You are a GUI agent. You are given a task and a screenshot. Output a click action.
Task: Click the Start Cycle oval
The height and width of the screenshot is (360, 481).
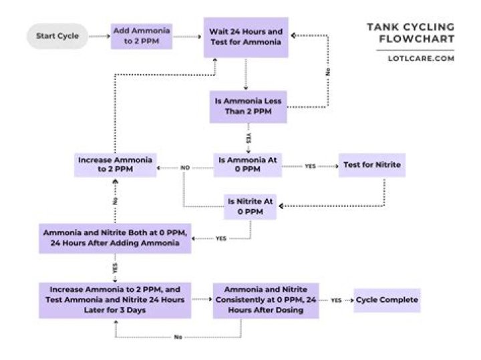[57, 36]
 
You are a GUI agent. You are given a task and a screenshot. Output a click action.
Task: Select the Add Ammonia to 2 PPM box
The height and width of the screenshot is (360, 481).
[142, 36]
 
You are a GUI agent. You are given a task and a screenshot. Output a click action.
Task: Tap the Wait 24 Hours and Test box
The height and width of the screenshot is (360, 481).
[247, 37]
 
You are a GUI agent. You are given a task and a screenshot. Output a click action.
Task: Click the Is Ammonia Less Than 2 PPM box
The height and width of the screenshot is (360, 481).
[248, 106]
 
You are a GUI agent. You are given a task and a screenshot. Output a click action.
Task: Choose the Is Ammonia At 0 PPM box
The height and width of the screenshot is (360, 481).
[248, 165]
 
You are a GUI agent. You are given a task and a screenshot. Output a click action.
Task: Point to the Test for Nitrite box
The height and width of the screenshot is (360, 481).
[371, 165]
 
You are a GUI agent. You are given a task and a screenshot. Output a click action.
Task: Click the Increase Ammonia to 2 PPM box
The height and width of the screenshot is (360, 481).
[116, 165]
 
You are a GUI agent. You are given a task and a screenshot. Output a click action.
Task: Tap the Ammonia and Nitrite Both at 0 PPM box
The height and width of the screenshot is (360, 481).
[115, 238]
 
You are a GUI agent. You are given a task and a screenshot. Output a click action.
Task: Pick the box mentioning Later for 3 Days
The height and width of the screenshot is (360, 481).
[115, 299]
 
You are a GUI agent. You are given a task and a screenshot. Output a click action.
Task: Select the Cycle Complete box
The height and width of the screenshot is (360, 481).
[387, 300]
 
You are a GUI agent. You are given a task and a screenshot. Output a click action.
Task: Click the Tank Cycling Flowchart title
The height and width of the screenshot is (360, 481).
[410, 33]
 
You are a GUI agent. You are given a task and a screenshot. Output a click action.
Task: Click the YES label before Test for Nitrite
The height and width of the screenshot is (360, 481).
[311, 166]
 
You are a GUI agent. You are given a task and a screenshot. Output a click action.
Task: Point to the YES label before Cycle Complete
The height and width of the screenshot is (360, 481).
[337, 301]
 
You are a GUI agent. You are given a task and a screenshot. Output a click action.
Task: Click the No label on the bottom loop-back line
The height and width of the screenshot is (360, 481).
[178, 337]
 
